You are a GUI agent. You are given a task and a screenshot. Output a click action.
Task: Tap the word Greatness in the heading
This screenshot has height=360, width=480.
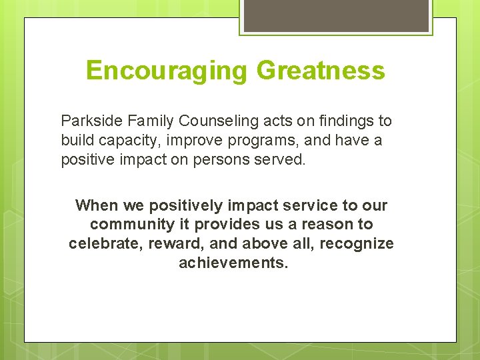tap(321, 70)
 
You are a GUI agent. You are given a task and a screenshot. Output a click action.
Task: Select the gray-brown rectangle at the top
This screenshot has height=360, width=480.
tap(335, 15)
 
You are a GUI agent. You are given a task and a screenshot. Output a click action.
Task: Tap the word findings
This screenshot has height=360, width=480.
tap(351, 121)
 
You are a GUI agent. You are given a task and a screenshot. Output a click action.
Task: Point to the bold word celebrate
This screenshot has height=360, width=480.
tap(102, 244)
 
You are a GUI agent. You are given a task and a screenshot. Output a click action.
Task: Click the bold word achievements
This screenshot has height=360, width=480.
tap(233, 263)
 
